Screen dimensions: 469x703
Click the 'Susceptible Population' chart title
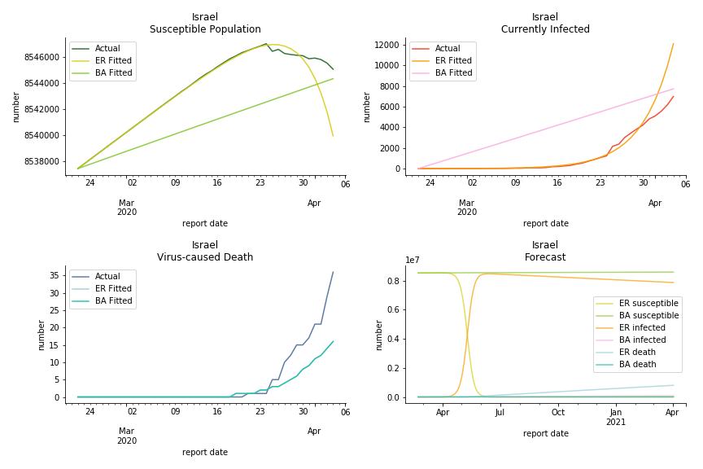pyautogui.click(x=205, y=29)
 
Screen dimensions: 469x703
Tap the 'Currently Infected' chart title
pyautogui.click(x=545, y=29)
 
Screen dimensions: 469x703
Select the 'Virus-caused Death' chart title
pyautogui.click(x=205, y=257)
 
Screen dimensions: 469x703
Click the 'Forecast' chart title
pyautogui.click(x=545, y=257)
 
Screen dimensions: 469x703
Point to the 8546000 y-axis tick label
pyautogui.click(x=38, y=57)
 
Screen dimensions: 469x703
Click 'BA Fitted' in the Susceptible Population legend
pyautogui.click(x=113, y=72)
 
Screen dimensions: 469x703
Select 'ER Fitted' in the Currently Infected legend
pyautogui.click(x=453, y=60)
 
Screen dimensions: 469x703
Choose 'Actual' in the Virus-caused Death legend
pyautogui.click(x=107, y=277)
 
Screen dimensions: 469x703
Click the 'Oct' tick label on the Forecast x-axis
pyautogui.click(x=558, y=413)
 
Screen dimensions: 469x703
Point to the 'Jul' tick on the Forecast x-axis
pyautogui.click(x=500, y=413)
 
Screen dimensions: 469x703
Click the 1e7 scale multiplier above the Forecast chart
pyautogui.click(x=413, y=261)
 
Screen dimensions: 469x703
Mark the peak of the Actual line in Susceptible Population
pyautogui.click(x=266, y=44)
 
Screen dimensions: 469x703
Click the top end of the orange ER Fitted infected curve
pyautogui.click(x=673, y=44)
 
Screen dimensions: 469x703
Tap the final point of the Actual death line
pyautogui.click(x=333, y=272)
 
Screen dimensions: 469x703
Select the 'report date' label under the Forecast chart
pyautogui.click(x=545, y=434)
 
